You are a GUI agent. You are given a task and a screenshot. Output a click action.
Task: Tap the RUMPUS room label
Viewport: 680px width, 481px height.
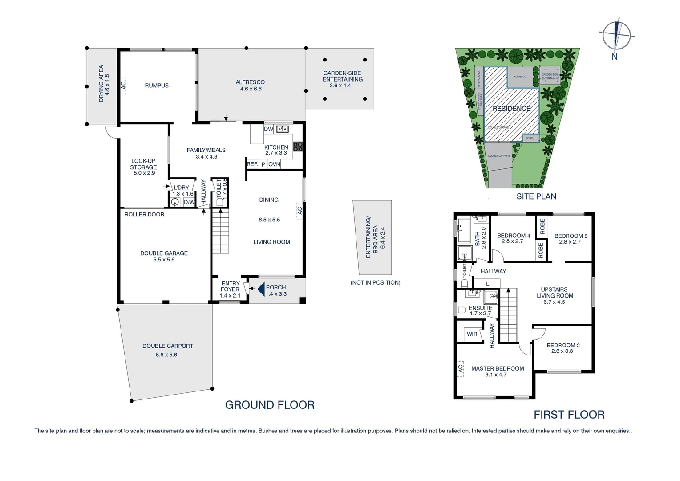point(157,86)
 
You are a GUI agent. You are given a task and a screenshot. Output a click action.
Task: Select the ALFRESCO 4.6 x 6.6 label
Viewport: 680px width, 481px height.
point(250,86)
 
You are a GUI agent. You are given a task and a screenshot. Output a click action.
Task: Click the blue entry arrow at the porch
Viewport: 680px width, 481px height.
point(261,289)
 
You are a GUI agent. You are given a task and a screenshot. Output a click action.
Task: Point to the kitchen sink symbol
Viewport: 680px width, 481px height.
point(282,129)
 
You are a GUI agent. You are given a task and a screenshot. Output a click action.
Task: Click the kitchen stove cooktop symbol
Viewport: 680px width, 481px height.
point(298,146)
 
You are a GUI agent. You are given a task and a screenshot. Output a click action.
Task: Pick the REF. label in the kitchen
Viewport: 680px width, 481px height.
point(252,164)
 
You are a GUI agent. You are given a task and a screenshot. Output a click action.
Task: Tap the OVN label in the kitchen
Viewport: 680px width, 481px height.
point(274,164)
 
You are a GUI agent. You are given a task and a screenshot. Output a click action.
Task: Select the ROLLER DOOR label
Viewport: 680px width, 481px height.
point(144,215)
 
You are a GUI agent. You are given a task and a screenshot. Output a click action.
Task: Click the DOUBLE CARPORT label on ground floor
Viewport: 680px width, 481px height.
point(167,346)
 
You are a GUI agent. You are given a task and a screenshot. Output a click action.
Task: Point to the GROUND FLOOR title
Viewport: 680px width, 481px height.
point(270,405)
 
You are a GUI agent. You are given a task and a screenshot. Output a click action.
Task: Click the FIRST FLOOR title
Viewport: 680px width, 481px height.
point(569,415)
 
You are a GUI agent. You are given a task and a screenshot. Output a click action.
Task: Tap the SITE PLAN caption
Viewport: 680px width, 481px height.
point(536,196)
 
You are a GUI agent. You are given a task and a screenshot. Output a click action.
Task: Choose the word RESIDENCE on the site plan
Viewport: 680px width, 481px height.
point(511,109)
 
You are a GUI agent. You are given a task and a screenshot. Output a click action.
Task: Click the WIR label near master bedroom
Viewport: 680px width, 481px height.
point(472,334)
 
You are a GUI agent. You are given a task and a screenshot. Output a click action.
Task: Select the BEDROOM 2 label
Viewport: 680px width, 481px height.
point(563,346)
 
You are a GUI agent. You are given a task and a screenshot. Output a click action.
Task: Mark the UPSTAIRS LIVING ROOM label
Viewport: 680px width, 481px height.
point(555,293)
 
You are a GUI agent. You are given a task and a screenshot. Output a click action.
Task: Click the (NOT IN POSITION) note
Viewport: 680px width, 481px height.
point(375,282)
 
